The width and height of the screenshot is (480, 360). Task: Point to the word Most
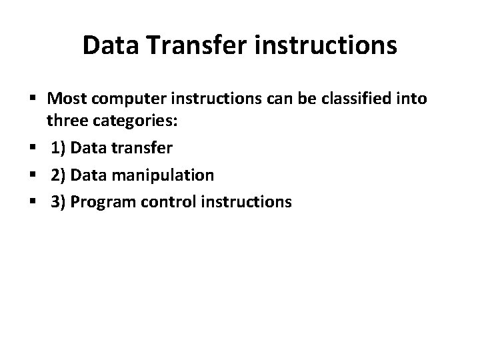point(66,100)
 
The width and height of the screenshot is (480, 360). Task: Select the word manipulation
point(159,175)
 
